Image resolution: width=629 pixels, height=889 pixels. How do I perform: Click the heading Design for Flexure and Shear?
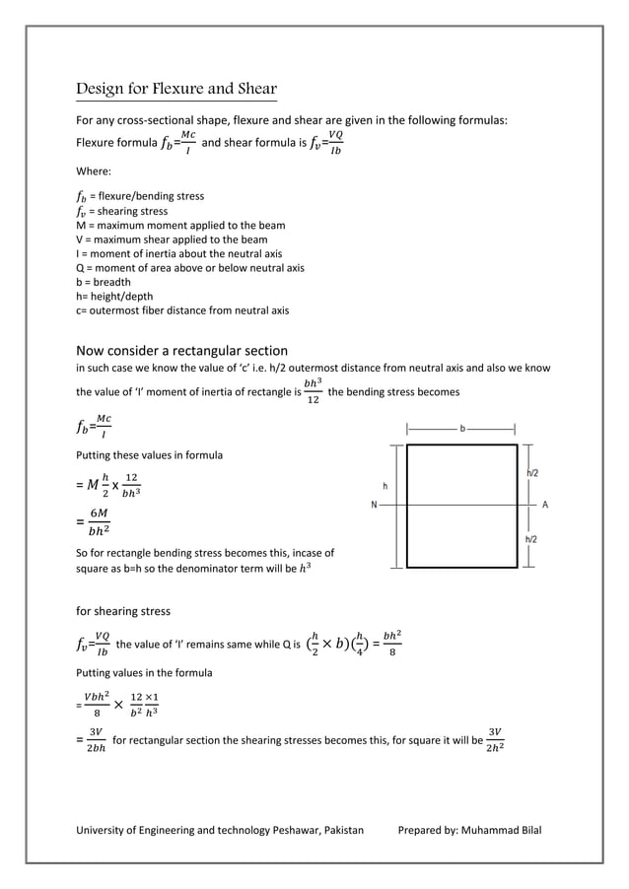(176, 90)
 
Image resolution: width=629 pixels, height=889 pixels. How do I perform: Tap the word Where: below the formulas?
(95, 171)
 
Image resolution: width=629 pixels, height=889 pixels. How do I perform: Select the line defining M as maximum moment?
(180, 225)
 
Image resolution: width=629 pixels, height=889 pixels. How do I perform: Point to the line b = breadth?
(104, 282)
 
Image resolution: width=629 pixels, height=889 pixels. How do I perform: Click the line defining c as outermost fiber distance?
(182, 310)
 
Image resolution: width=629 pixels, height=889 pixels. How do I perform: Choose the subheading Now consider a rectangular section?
(182, 351)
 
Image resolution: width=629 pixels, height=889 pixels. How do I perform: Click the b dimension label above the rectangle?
(462, 429)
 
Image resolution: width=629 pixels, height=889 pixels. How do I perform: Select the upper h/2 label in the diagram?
(531, 474)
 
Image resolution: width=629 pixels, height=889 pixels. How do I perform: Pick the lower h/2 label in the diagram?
(531, 540)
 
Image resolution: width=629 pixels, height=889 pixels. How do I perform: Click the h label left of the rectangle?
(385, 487)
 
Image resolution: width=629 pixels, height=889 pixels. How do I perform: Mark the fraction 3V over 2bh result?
(95, 739)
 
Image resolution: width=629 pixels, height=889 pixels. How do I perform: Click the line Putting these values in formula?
(149, 455)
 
